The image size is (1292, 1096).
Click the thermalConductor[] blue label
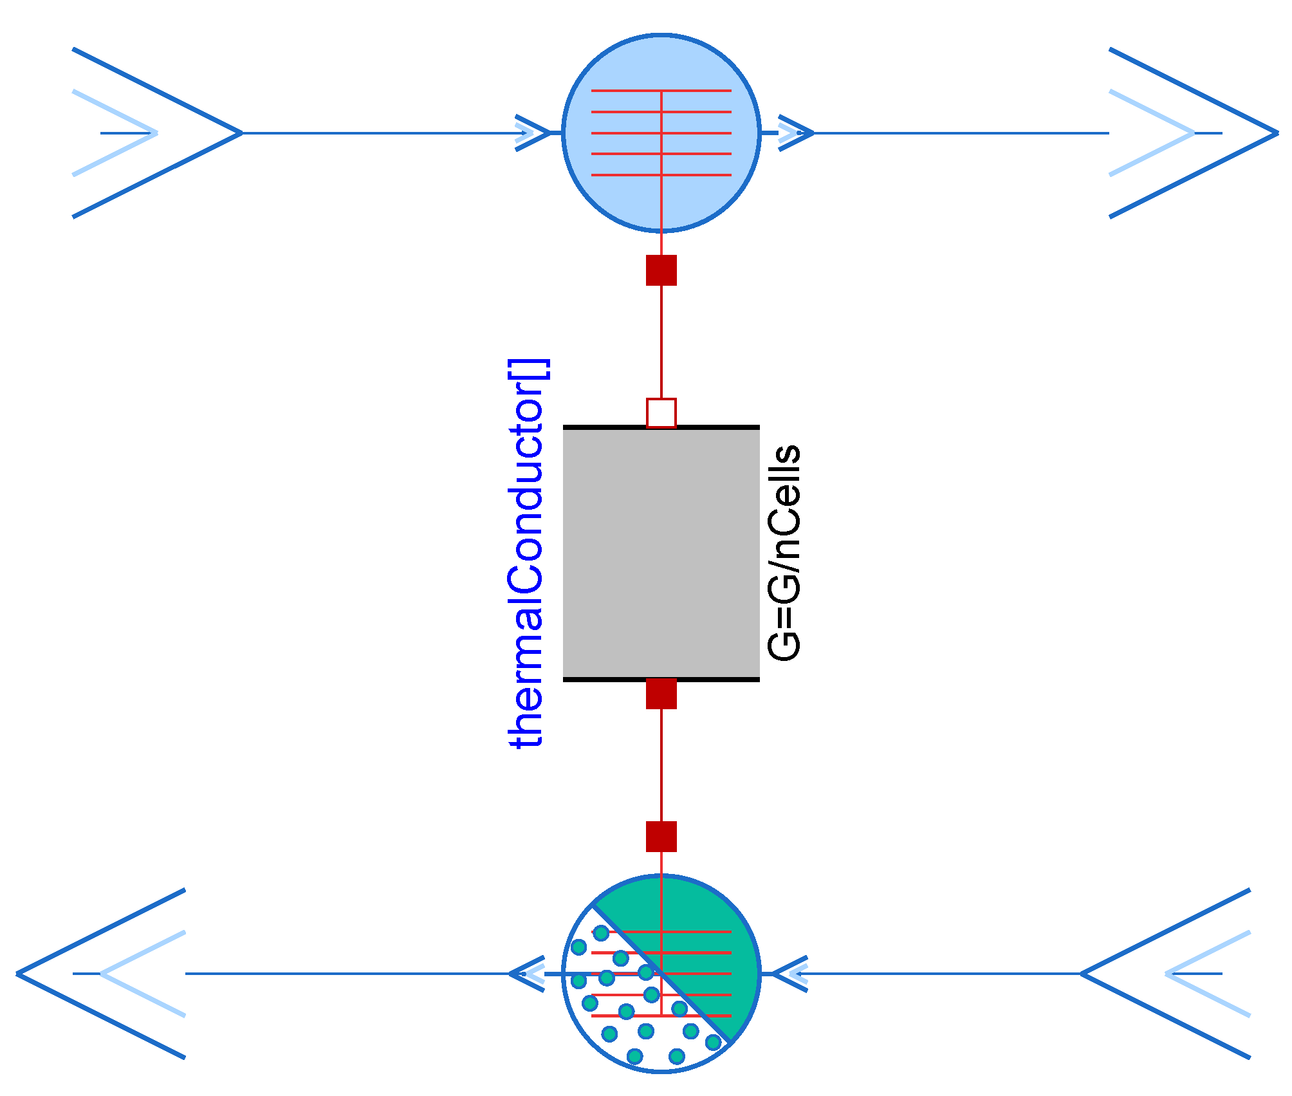[x=526, y=553]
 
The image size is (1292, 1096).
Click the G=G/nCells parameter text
[x=784, y=552]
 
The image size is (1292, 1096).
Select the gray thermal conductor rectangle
[x=661, y=553]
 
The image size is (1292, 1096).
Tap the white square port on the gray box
[x=661, y=413]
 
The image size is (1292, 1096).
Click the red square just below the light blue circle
[x=661, y=270]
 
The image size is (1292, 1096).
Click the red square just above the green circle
[x=661, y=836]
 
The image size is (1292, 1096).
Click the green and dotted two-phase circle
[x=661, y=974]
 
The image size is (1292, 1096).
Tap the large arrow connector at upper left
[x=158, y=133]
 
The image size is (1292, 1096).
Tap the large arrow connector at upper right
[x=1194, y=133]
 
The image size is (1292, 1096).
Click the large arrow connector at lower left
[x=101, y=974]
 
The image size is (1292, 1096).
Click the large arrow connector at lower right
[x=1166, y=974]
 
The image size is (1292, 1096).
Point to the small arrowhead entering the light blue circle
[x=534, y=133]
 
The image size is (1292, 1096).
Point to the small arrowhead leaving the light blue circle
[x=796, y=133]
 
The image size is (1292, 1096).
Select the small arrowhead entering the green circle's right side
[x=789, y=974]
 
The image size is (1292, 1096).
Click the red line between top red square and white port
[x=661, y=341]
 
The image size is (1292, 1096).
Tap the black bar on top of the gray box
[x=605, y=427]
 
